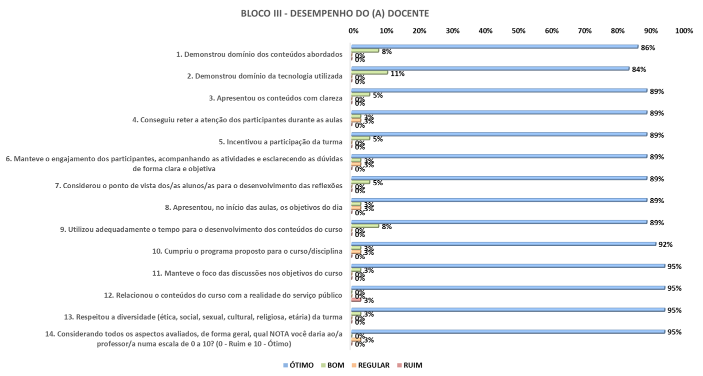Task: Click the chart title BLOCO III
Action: [334, 14]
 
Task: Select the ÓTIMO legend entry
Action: [298, 365]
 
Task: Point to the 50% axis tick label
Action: [518, 31]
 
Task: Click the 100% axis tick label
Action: [683, 31]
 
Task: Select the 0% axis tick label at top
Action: [353, 31]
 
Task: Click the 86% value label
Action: [648, 48]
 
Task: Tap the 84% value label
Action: [639, 70]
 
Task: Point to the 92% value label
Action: [665, 245]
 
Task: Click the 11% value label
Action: [397, 74]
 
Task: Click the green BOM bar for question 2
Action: [369, 73]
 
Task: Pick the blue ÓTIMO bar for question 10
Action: [503, 244]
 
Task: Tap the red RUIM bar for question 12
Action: [356, 300]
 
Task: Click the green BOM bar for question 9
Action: [364, 226]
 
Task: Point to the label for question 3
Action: [275, 98]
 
